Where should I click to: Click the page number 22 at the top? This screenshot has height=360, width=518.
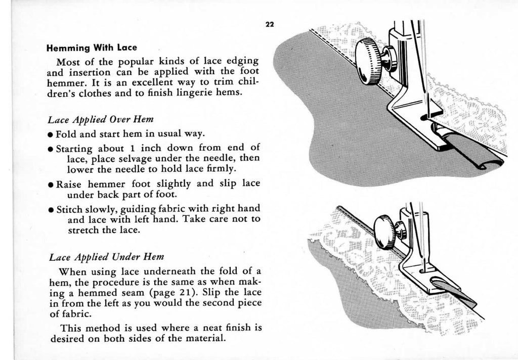coord(269,26)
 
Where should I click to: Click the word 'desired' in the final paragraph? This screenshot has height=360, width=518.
coord(68,338)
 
